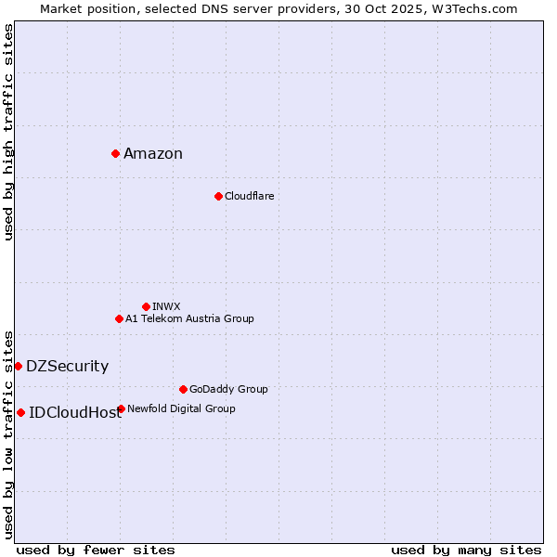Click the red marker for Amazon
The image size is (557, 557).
(115, 153)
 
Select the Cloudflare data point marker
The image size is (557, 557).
(218, 196)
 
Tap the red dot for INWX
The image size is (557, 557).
(146, 306)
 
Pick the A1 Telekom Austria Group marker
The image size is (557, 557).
(119, 318)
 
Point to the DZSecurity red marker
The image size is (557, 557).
(18, 366)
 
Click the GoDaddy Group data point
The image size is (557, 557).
(183, 389)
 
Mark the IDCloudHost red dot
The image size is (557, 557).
(20, 412)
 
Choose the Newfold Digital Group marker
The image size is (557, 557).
(121, 408)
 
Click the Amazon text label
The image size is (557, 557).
(153, 154)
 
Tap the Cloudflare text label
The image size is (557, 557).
(249, 196)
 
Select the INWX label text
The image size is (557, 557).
(166, 306)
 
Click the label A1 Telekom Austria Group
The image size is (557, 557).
(189, 318)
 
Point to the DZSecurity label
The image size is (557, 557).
(67, 367)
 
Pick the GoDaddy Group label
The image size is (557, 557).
(228, 389)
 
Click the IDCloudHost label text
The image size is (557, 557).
(75, 413)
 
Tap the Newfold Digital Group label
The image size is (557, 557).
(181, 408)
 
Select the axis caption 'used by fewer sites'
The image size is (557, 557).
(96, 550)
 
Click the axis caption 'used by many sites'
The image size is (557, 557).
(466, 550)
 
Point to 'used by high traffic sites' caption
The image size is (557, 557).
(8, 132)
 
